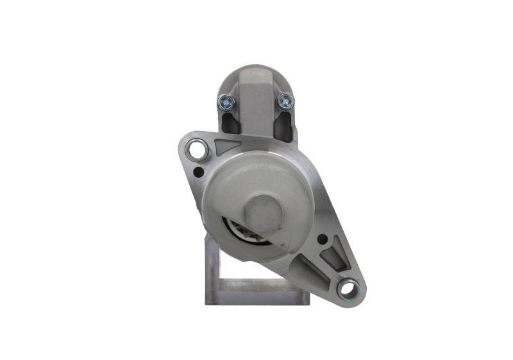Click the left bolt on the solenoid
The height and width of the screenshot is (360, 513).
coord(225,101)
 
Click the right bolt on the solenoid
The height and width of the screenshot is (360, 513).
coord(285,101)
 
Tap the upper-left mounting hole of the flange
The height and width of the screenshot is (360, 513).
coord(196,151)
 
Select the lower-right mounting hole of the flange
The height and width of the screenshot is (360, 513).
coord(348,289)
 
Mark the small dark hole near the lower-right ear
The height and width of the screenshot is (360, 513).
coord(321,240)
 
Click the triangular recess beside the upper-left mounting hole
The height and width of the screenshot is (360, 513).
coord(228,146)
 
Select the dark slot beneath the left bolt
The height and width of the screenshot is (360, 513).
coord(229,124)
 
